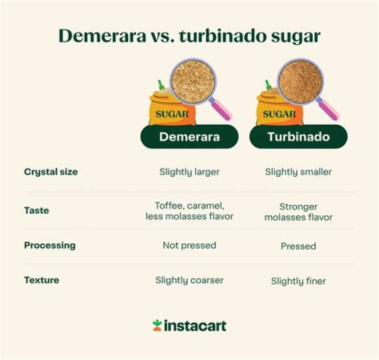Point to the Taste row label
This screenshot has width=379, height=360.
pyautogui.click(x=36, y=211)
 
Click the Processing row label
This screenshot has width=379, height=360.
pyautogui.click(x=49, y=245)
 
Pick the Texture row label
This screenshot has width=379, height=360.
pyautogui.click(x=42, y=280)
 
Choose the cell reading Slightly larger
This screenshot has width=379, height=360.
pyautogui.click(x=189, y=172)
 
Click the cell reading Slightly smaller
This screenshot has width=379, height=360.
pyautogui.click(x=298, y=172)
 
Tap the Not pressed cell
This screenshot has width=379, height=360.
pyautogui.click(x=189, y=245)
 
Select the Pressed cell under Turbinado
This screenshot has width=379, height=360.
pyautogui.click(x=298, y=246)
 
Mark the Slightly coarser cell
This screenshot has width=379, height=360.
pyautogui.click(x=189, y=280)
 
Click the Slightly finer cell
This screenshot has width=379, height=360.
pyautogui.click(x=298, y=281)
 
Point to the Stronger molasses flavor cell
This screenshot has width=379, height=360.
pyautogui.click(x=298, y=212)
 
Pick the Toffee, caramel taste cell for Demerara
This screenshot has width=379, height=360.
pyautogui.click(x=189, y=211)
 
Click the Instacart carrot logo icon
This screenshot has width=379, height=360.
pyautogui.click(x=157, y=325)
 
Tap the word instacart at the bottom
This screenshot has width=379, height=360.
pyautogui.click(x=195, y=326)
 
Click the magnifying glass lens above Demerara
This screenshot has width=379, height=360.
pyautogui.click(x=193, y=82)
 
